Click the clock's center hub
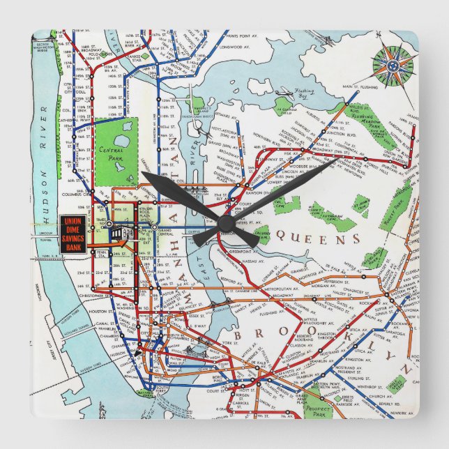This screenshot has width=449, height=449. pos(224,223)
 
